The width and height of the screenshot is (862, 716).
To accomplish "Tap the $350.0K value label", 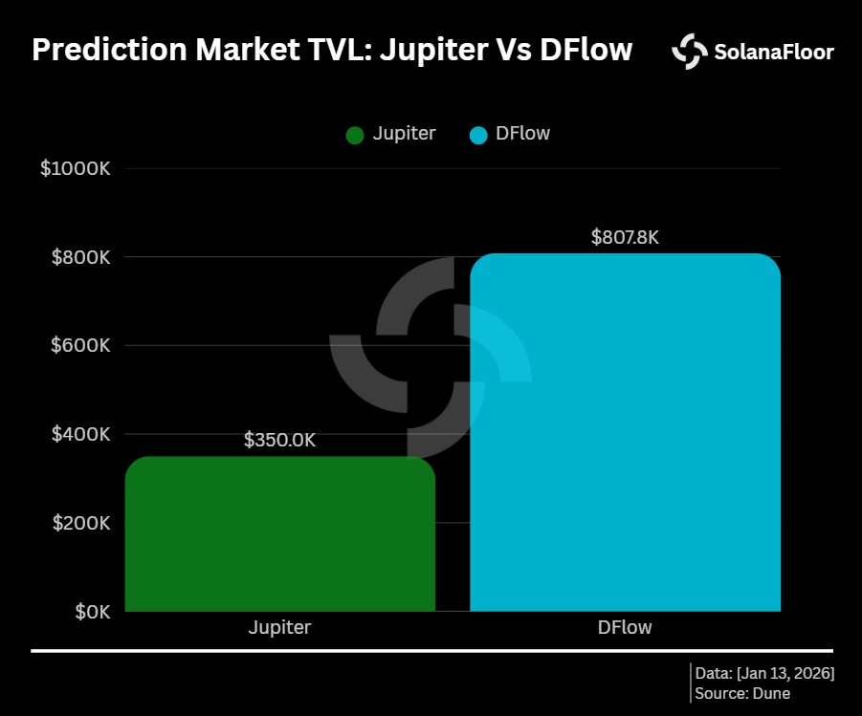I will [x=279, y=441].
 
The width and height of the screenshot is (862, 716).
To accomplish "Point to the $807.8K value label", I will [x=625, y=237].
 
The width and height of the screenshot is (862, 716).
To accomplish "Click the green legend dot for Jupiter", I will [x=355, y=135].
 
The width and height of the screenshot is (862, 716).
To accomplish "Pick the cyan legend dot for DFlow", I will [x=479, y=135].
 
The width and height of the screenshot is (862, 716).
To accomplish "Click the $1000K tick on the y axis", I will [x=76, y=169].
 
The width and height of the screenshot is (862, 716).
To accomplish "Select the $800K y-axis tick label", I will [x=80, y=257].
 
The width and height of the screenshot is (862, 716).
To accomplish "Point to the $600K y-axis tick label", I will [x=80, y=345].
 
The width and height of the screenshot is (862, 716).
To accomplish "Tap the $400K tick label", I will [x=80, y=434].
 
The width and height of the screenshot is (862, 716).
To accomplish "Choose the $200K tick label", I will [x=80, y=523].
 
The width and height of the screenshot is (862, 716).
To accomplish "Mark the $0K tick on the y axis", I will [x=93, y=611].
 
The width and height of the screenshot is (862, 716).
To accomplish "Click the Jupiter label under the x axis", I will [x=279, y=628].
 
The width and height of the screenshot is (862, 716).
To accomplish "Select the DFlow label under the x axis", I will [x=625, y=628].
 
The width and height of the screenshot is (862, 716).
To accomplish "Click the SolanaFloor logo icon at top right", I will [x=690, y=52].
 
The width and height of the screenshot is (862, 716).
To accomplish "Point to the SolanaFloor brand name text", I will [x=773, y=53].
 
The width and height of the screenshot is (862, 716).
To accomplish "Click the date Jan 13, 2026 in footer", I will [x=788, y=673].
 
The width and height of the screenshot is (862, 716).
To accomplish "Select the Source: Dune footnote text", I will [x=742, y=693].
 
